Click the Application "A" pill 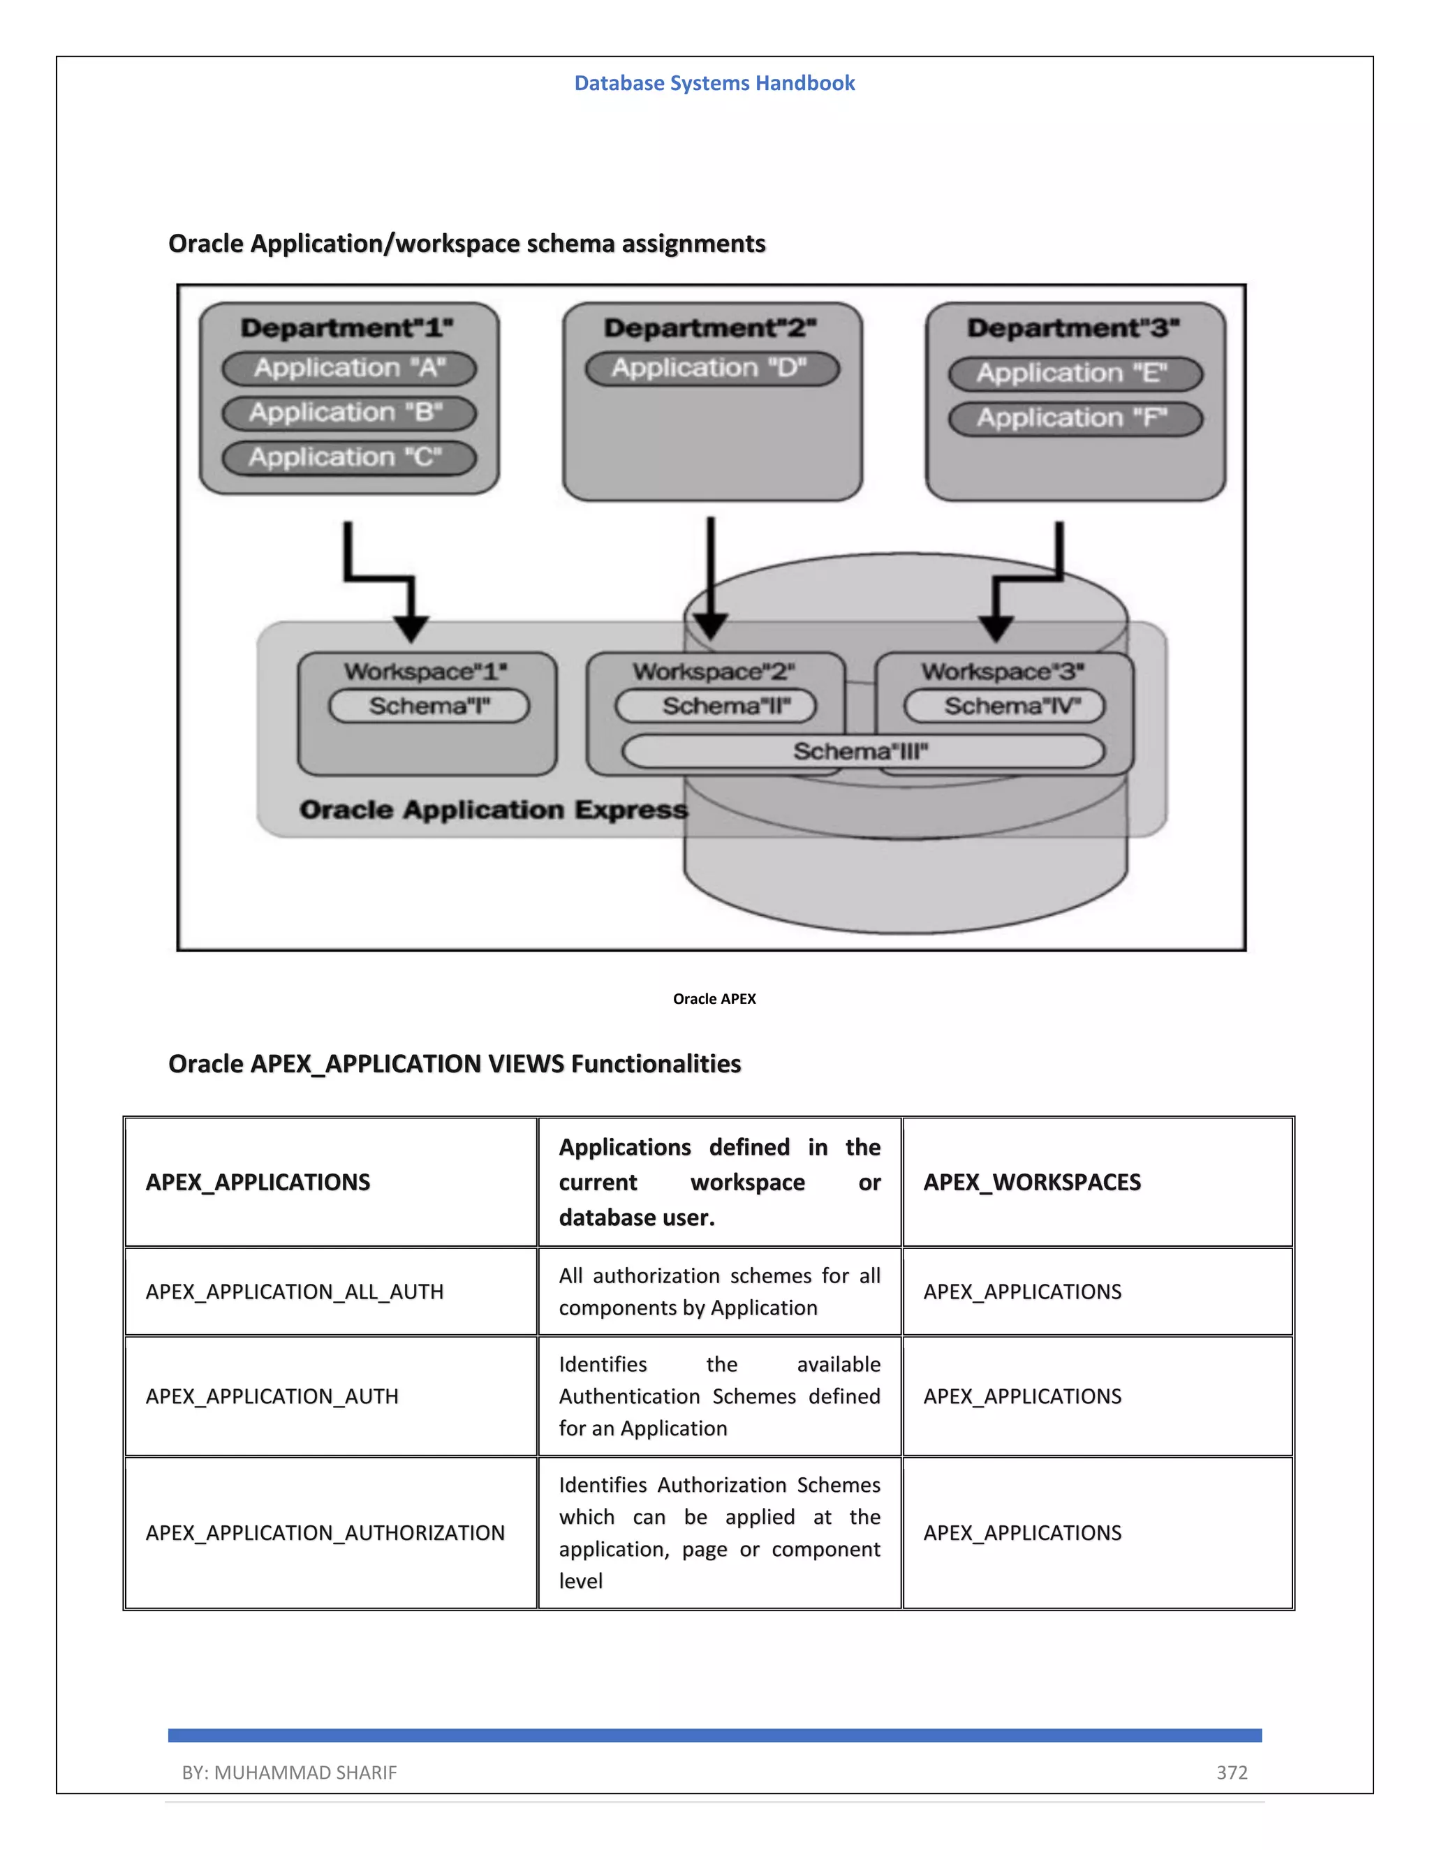point(349,369)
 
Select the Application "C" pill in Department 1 point(349,458)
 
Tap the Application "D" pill point(712,369)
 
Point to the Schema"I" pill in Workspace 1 point(429,706)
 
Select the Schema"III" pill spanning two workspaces point(862,751)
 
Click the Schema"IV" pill point(1005,706)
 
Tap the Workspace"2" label point(714,672)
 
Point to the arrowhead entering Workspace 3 point(996,628)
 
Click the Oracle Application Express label point(493,810)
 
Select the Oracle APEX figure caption point(714,999)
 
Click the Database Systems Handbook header point(714,83)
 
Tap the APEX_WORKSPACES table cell point(1032,1182)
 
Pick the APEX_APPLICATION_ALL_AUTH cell point(295,1292)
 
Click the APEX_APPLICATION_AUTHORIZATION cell point(325,1532)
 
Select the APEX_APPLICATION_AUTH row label point(272,1396)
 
